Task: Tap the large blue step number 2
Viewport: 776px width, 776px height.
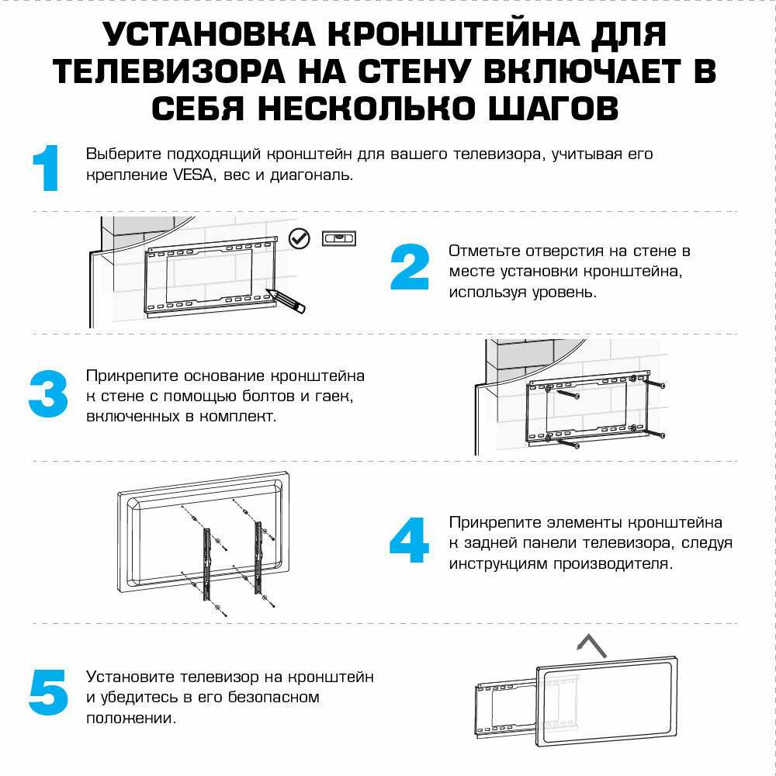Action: click(x=409, y=268)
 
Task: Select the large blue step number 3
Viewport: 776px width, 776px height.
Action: click(x=48, y=394)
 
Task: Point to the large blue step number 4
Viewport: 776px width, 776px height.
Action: click(x=409, y=540)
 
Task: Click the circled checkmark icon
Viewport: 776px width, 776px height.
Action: click(x=299, y=238)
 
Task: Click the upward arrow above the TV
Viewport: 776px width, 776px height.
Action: click(x=591, y=643)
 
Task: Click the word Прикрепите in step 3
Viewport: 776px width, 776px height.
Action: click(x=132, y=376)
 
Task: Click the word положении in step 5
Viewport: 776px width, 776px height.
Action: click(x=131, y=719)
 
